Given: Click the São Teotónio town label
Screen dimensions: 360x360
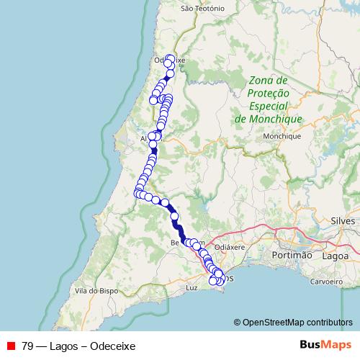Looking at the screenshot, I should click(204, 9).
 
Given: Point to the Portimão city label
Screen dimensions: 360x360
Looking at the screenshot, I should click(292, 256).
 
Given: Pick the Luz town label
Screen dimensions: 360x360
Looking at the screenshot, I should click(191, 287).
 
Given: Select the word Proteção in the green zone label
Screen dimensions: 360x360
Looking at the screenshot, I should click(268, 94).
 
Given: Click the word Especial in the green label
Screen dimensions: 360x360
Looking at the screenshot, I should click(268, 106).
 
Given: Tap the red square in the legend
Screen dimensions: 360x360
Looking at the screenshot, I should click(11, 345).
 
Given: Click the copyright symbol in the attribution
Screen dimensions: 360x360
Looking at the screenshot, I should click(238, 322).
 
